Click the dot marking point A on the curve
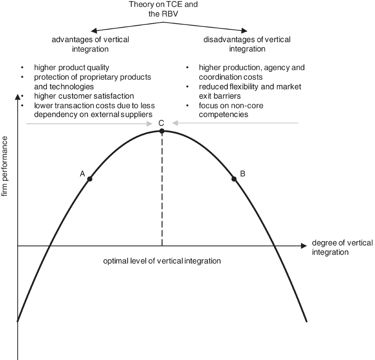[90, 179]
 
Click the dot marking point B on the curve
[234, 179]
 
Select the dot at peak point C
[162, 131]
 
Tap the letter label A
[82, 174]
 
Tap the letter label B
[242, 174]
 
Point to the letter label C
[161, 123]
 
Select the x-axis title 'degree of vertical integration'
[342, 247]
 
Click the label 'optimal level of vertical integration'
[162, 261]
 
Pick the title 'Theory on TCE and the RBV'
[163, 9]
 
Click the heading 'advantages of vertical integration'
[90, 44]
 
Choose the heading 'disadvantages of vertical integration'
[247, 44]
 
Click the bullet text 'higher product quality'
[72, 67]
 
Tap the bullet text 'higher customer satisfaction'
[84, 96]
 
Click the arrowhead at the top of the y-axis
[17, 94]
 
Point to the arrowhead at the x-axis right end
[303, 246]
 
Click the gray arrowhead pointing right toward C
[149, 124]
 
